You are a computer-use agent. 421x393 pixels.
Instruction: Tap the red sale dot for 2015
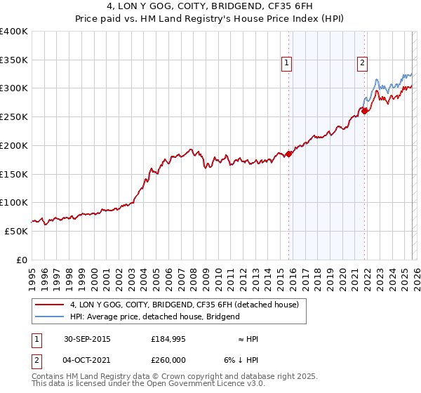pos(288,154)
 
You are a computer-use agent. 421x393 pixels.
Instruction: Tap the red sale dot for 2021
pos(363,111)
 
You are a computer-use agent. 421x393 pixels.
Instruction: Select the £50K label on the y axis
pos(16,231)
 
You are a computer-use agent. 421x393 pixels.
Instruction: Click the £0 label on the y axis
pos(22,260)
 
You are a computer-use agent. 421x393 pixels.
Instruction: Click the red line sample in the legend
pos(49,305)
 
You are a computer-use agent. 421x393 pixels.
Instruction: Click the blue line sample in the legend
pos(49,317)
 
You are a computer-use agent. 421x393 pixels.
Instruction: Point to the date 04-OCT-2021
pos(86,359)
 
